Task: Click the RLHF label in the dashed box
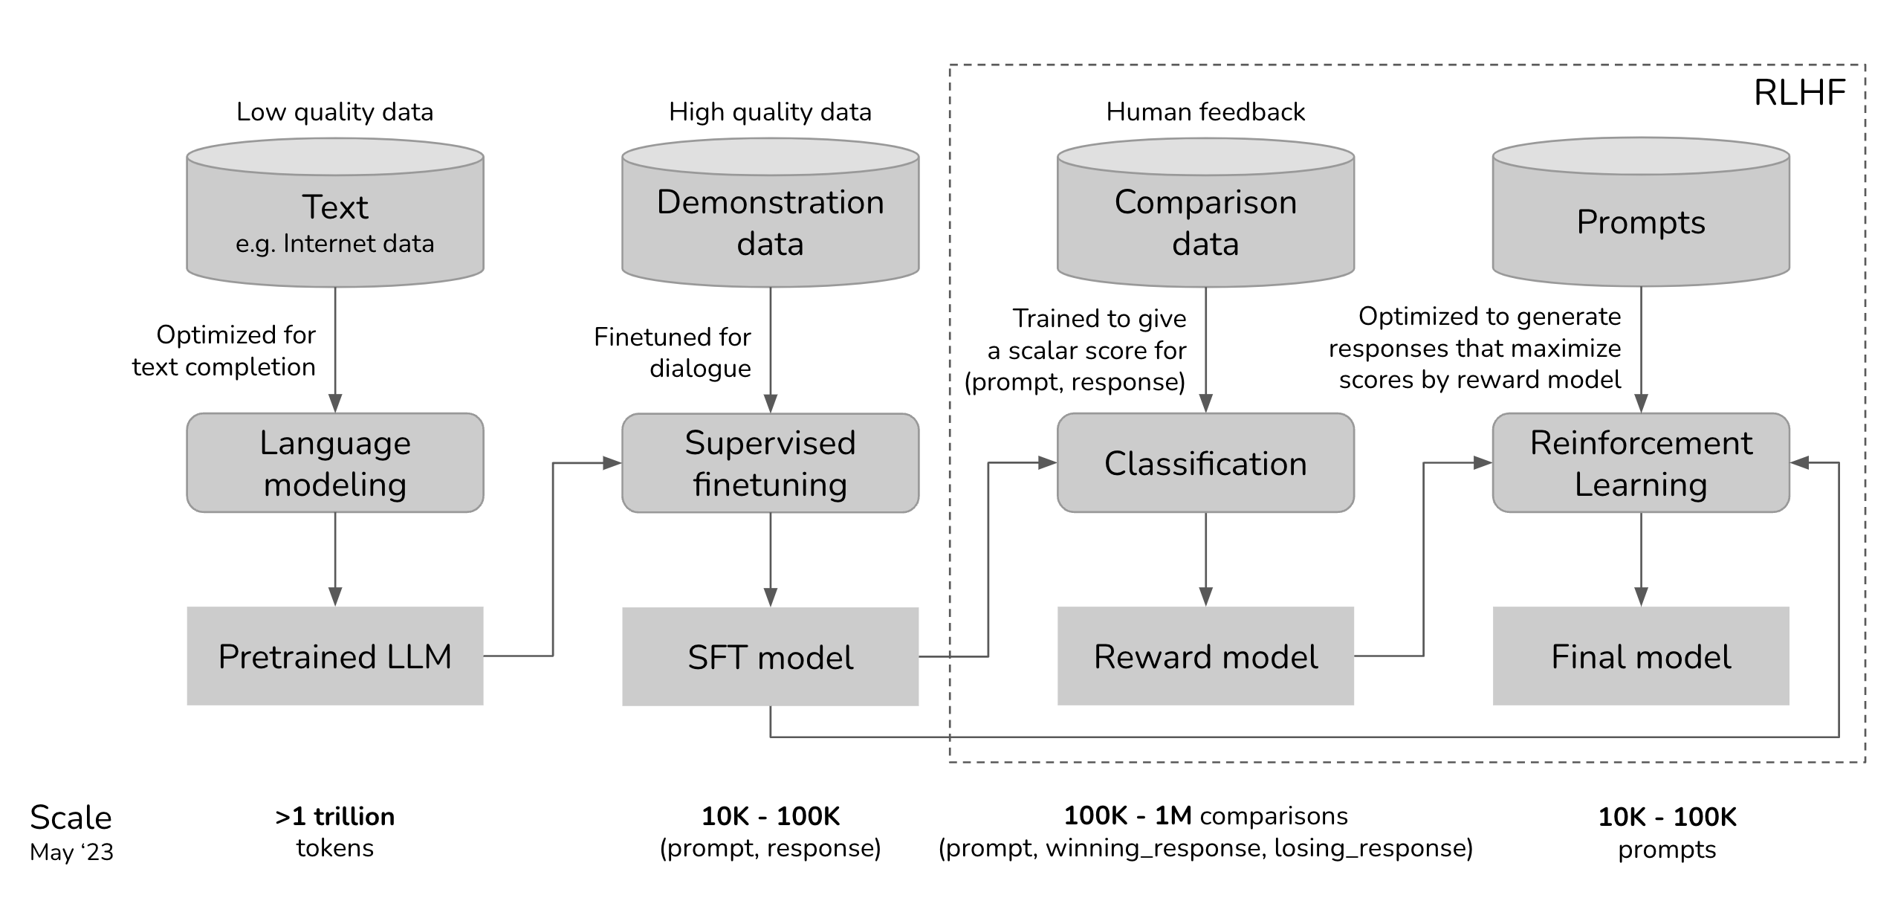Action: [1799, 94]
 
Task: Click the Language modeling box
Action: [334, 463]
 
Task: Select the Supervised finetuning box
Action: [770, 463]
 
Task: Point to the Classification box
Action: [1205, 463]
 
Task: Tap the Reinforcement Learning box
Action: [1641, 463]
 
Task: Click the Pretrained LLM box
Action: [334, 656]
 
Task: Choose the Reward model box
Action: [1205, 656]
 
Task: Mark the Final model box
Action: [1641, 656]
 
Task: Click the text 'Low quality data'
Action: [334, 112]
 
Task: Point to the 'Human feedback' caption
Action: [1205, 112]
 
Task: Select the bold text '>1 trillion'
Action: [334, 817]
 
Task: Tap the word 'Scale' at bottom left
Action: [71, 818]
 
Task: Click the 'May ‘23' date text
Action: [71, 852]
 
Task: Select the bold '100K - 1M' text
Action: [1127, 816]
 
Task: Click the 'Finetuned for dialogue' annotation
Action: [673, 352]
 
